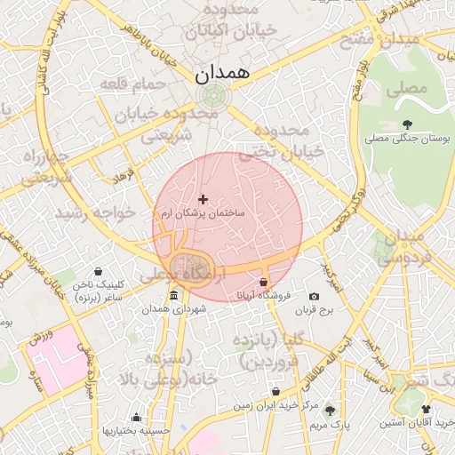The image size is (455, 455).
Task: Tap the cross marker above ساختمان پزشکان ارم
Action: (203, 199)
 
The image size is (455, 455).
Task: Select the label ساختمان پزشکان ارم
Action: (204, 214)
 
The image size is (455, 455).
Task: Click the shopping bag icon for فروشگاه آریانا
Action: (263, 283)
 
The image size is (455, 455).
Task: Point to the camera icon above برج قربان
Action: (314, 296)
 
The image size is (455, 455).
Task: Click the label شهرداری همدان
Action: (172, 309)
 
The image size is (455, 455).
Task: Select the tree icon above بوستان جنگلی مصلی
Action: (407, 124)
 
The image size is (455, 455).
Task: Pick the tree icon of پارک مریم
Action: (330, 411)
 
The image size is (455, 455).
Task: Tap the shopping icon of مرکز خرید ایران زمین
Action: (276, 391)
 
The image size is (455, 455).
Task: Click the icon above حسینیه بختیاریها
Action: (136, 417)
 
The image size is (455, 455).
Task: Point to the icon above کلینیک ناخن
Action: (97, 271)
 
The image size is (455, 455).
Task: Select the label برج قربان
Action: (314, 311)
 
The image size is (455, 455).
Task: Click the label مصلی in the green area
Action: (413, 89)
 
